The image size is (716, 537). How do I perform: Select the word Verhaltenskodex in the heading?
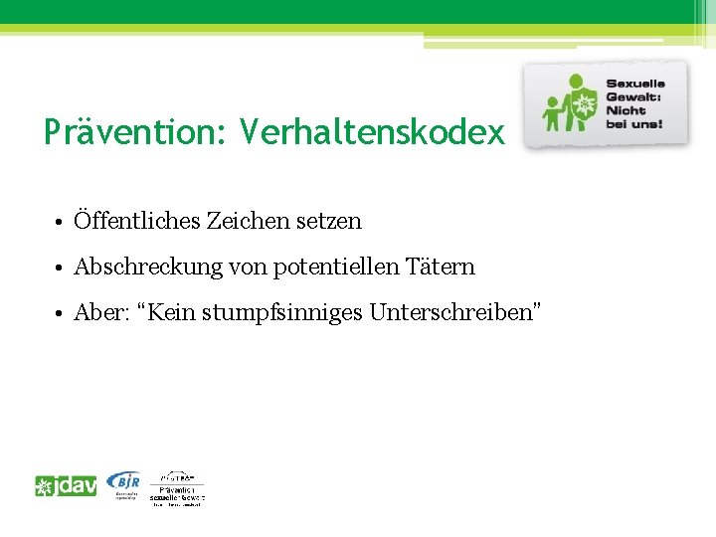tap(372, 132)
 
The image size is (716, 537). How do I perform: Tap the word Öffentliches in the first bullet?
tap(136, 221)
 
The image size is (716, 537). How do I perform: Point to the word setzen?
tap(329, 221)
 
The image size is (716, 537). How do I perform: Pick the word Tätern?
tap(439, 268)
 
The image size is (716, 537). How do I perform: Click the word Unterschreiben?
tap(450, 313)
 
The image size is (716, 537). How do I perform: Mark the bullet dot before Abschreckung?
tap(61, 268)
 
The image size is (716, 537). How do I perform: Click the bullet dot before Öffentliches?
tap(61, 222)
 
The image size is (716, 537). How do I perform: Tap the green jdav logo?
tap(66, 486)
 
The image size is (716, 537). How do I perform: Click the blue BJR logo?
tap(124, 482)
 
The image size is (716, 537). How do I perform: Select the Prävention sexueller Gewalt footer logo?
tap(177, 488)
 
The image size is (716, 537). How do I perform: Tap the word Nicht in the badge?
tap(627, 111)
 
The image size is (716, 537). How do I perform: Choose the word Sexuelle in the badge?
tap(635, 84)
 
